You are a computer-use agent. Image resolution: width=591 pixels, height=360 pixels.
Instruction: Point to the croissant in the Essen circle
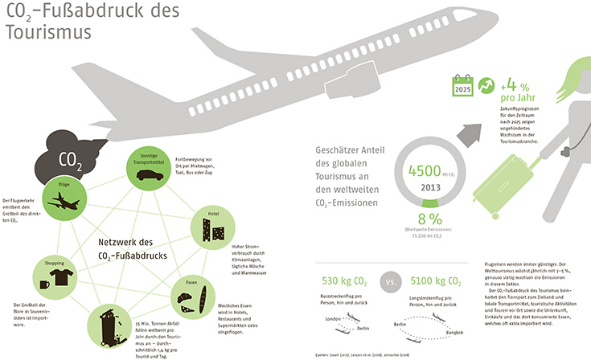coord(184,301)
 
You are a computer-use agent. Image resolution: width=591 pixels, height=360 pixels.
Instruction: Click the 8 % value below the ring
coord(429,219)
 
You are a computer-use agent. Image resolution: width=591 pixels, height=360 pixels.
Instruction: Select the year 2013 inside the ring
coord(430,187)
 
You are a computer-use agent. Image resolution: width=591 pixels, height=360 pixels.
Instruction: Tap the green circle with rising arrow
coord(485,86)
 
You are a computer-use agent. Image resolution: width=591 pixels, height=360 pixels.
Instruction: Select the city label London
coord(334,319)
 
